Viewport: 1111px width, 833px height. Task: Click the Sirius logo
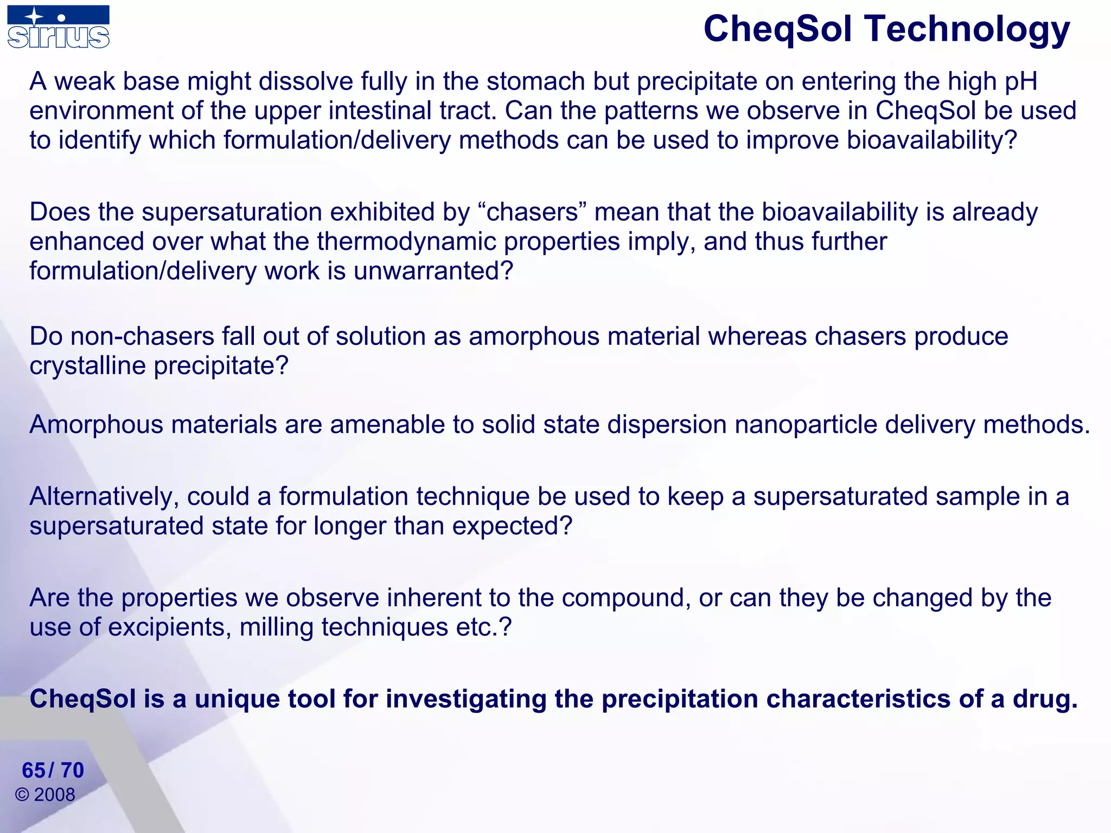point(59,27)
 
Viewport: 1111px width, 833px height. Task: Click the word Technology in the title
point(967,29)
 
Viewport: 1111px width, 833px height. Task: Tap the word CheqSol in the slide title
point(777,29)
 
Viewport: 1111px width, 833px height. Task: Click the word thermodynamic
point(406,242)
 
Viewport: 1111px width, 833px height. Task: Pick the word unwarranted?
point(433,271)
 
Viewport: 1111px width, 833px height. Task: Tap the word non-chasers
point(143,337)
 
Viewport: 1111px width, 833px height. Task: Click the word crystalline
point(88,366)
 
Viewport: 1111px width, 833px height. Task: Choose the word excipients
point(170,628)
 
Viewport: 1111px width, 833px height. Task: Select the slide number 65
point(34,771)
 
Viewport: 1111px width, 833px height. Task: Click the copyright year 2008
point(54,795)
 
